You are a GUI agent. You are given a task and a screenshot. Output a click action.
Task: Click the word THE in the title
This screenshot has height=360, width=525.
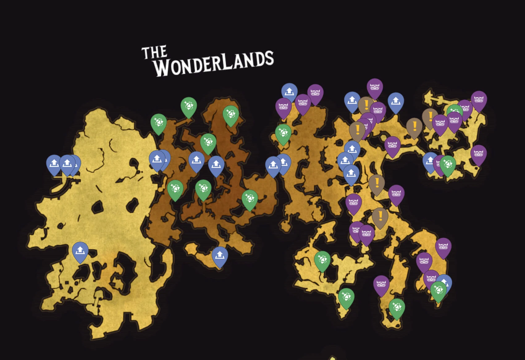point(154,52)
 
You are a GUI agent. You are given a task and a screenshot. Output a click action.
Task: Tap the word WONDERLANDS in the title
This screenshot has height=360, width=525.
point(214,63)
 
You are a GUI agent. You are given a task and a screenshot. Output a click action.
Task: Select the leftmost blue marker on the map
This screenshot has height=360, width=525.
point(54,164)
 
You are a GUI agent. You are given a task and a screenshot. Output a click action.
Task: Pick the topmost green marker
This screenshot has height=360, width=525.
point(189,106)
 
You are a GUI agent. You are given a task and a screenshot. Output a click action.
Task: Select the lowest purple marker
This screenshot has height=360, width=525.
point(381,285)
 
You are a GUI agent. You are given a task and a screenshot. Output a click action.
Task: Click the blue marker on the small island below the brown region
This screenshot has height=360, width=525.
point(220,256)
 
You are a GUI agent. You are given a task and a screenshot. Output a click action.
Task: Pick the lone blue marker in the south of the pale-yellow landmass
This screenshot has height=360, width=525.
point(80,251)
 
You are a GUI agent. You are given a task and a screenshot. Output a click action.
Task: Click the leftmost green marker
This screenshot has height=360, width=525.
point(158,123)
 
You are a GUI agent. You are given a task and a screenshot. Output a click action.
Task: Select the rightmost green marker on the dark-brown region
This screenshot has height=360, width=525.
point(250,199)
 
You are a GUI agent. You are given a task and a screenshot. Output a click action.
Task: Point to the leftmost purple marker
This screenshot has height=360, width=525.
point(283,107)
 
